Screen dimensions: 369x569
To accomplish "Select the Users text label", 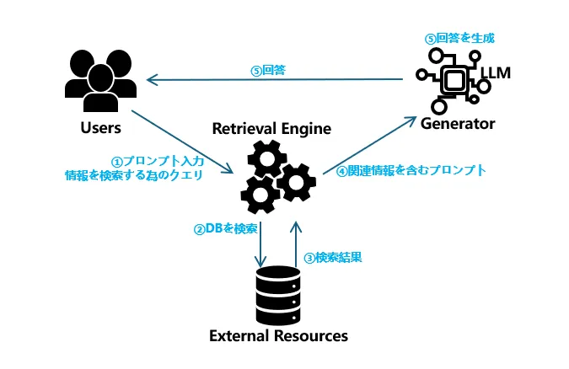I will click(100, 128).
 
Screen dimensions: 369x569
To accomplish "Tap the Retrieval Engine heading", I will click(271, 129).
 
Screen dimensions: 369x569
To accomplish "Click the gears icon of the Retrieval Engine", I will click(275, 176).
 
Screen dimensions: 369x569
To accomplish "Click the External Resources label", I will click(278, 335).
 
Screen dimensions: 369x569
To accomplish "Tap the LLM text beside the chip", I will click(497, 74).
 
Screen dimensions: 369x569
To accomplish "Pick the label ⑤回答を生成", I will click(459, 38).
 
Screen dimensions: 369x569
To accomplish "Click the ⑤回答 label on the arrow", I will click(268, 71).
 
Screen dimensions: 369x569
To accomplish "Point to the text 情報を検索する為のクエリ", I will click(140, 175).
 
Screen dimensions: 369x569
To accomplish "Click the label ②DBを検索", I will click(226, 228).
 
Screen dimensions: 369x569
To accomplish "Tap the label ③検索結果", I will click(332, 257).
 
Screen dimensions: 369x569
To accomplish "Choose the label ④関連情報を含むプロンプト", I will click(411, 170).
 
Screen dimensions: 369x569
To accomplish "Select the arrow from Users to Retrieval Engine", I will click(181, 141).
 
